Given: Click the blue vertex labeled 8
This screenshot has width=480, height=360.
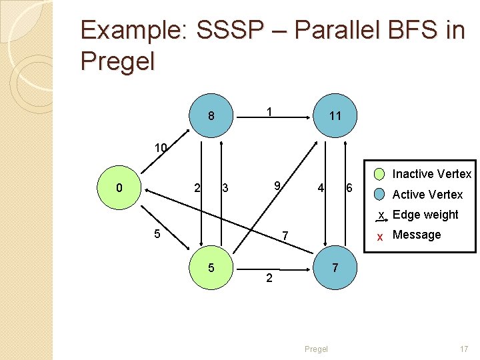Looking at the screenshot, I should [x=211, y=116].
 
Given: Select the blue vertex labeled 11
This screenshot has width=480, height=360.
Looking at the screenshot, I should [x=335, y=116].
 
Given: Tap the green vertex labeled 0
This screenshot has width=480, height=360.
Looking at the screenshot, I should [x=119, y=188].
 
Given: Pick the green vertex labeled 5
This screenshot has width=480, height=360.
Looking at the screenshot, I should [x=211, y=267].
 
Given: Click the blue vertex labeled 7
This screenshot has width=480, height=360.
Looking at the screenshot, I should [x=335, y=267].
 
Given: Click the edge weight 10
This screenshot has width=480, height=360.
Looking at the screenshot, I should [x=161, y=147].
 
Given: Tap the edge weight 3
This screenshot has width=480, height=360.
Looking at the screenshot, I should [x=225, y=189].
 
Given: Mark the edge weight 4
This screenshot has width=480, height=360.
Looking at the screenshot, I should [x=321, y=188].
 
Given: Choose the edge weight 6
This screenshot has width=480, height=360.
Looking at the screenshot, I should [x=348, y=188].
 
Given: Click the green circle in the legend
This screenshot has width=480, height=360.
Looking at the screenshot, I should [x=379, y=175].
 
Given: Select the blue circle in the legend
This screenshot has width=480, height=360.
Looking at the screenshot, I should [x=379, y=195].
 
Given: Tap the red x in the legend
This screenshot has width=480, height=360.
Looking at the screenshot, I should [x=379, y=236].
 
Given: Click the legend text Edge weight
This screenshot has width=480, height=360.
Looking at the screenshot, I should [x=425, y=215].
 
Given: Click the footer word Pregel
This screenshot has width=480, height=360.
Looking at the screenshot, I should [x=316, y=349].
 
